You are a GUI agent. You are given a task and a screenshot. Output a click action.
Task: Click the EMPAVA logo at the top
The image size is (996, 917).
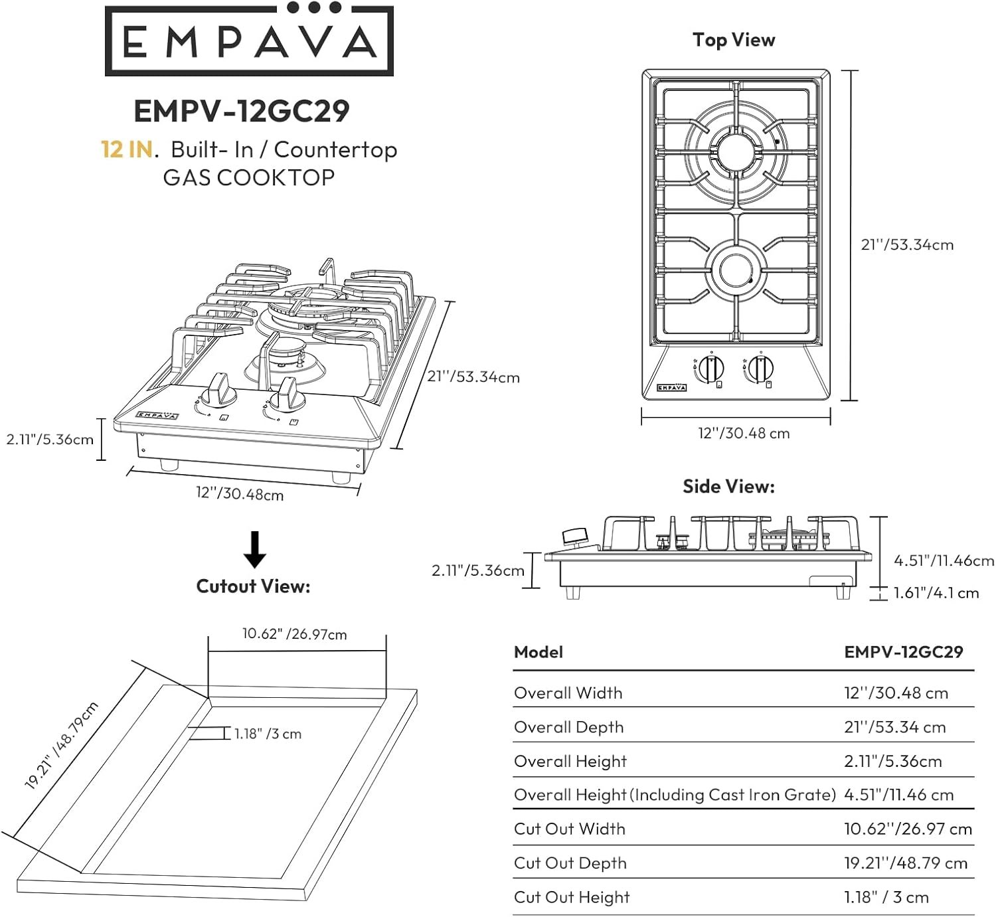249,41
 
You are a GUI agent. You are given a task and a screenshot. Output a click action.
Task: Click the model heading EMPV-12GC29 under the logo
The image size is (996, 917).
242,111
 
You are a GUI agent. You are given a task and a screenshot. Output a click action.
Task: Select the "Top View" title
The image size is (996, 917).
734,41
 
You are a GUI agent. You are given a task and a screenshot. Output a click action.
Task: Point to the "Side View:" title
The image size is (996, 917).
728,487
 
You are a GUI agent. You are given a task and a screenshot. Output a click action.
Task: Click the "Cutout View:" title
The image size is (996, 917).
253,586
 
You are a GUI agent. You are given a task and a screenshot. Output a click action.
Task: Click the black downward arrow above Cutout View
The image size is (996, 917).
254,549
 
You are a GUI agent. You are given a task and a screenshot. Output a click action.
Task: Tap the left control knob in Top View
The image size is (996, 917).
711,369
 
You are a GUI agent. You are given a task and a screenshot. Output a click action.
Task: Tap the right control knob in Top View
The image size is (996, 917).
761,369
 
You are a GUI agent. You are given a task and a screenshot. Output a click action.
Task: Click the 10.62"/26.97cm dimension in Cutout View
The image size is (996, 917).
294,634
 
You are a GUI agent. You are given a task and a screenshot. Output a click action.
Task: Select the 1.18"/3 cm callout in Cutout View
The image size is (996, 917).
268,734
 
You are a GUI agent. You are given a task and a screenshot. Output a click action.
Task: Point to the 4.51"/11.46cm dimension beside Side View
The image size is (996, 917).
944,560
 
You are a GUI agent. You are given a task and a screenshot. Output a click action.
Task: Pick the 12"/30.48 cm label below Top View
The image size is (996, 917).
744,434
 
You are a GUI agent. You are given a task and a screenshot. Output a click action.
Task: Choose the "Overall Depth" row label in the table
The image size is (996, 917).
569,727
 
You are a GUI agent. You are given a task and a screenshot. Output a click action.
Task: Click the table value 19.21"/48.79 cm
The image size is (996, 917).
906,863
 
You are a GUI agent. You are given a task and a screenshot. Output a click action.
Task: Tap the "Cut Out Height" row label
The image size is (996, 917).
572,897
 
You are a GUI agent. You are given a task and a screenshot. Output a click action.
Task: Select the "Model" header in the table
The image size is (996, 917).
539,652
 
